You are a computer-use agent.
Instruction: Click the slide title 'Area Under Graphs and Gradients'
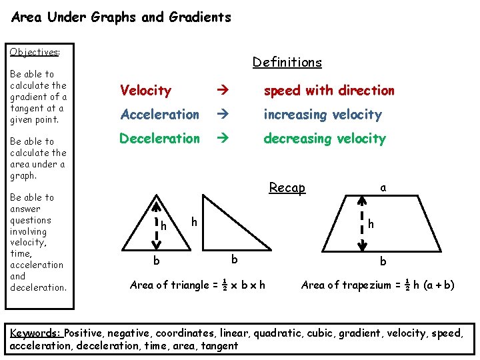pos(121,17)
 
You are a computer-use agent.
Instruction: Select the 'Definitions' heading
pos(287,62)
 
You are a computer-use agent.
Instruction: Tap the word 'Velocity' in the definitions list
pos(145,91)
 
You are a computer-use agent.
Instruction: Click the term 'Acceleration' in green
pos(159,115)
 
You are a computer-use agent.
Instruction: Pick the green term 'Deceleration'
pos(159,139)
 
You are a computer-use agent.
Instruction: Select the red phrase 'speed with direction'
pos(329,91)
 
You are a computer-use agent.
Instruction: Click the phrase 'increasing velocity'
pos(323,115)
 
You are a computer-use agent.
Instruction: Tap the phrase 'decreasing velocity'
pos(325,139)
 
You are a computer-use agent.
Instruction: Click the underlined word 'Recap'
pos(287,188)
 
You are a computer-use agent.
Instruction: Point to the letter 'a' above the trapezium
pos(383,188)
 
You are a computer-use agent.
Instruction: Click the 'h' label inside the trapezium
pos(371,225)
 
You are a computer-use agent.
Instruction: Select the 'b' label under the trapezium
pos(383,261)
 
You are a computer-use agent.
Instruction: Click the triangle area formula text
pos(197,285)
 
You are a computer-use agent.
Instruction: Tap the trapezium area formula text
pos(378,285)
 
